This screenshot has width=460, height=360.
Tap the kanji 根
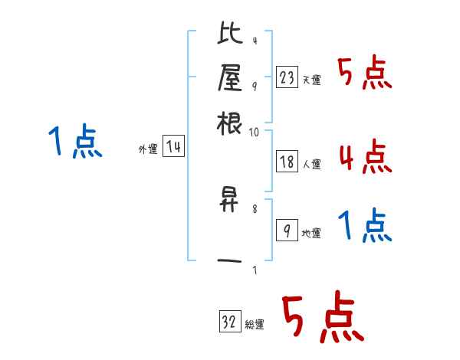click(x=230, y=124)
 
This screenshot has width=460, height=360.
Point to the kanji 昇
click(x=230, y=201)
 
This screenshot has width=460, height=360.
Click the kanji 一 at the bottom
click(x=230, y=262)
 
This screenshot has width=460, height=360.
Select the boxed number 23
click(x=287, y=77)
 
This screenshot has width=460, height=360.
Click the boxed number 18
click(x=287, y=161)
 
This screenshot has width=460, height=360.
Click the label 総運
click(x=255, y=325)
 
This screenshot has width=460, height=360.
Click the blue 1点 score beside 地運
click(x=364, y=227)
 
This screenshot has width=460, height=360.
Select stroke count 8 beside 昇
click(x=255, y=208)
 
